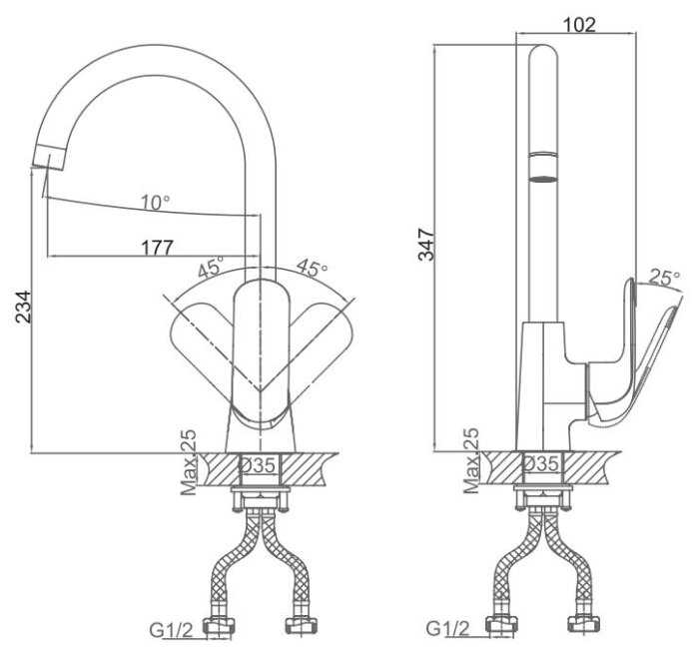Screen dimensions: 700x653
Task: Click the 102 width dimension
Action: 579,25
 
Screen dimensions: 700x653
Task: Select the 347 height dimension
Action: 426,244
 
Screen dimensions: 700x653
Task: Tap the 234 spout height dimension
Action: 23,307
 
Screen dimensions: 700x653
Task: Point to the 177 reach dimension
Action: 157,248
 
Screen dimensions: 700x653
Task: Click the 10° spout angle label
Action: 156,203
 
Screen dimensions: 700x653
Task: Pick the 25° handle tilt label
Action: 664,278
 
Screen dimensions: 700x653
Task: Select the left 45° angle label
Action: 211,267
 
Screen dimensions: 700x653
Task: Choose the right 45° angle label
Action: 312,267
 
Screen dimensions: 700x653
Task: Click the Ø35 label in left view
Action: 258,466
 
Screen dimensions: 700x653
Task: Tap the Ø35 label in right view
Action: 541,463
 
